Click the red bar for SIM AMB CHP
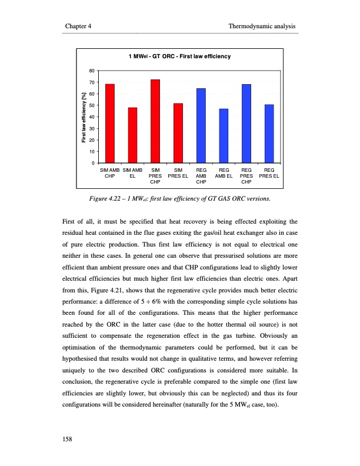coord(110,124)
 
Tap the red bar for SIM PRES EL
coord(178,133)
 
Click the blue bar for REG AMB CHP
coord(201,125)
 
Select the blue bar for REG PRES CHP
coord(246,124)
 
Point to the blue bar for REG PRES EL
coord(269,134)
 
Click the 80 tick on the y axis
coord(91,71)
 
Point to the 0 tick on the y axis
coord(93,163)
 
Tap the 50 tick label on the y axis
coord(91,105)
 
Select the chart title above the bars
coord(179,56)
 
